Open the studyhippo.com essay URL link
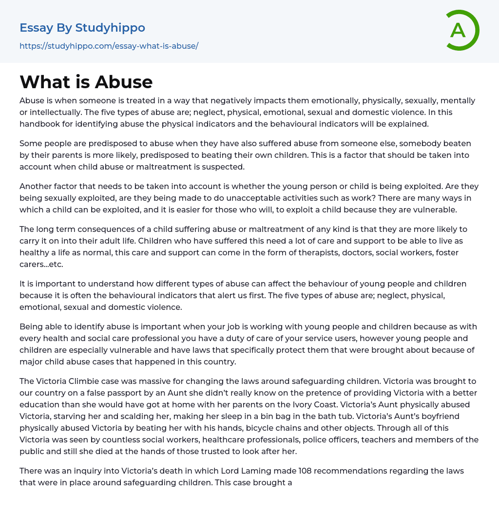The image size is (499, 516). [109, 46]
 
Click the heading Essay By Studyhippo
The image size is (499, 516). [82, 28]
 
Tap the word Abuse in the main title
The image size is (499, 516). [124, 82]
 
